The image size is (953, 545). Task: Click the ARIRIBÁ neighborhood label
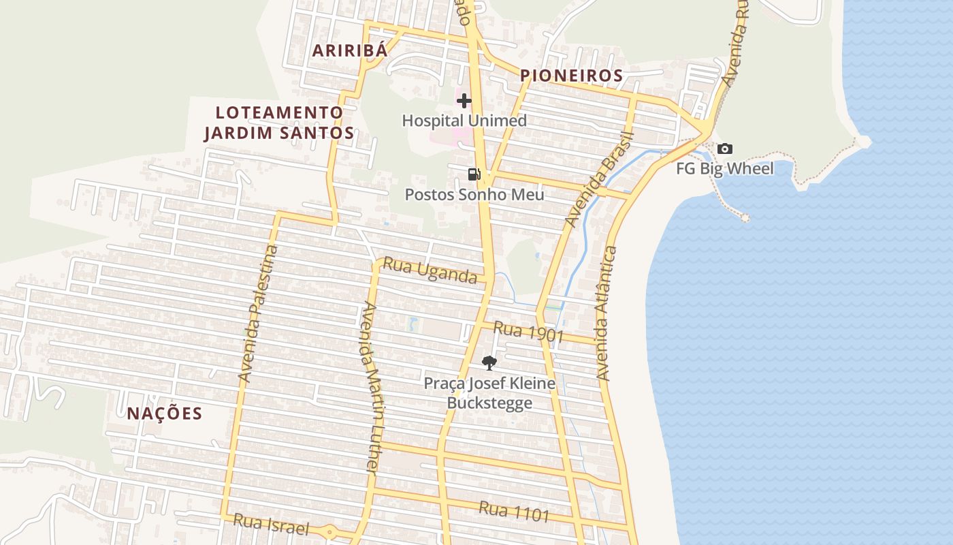(350, 50)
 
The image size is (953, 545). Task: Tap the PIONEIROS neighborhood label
(572, 76)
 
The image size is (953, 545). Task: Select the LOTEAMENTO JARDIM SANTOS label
(279, 123)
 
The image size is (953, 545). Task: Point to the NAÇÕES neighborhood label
(165, 414)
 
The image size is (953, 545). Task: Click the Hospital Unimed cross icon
(464, 102)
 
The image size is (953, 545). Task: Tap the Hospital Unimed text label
(464, 121)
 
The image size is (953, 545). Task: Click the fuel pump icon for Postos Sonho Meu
(474, 174)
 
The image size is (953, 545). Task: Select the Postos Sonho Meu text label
(474, 195)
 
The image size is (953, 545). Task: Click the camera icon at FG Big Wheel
(725, 149)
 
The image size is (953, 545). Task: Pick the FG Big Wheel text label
(725, 168)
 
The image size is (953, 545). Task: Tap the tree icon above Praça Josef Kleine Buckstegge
(489, 363)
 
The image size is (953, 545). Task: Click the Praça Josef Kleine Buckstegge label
(489, 393)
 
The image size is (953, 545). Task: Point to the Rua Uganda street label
(430, 270)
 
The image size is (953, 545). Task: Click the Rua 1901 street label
(528, 332)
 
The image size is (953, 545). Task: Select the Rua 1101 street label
(514, 511)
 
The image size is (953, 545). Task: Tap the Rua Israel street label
(271, 525)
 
